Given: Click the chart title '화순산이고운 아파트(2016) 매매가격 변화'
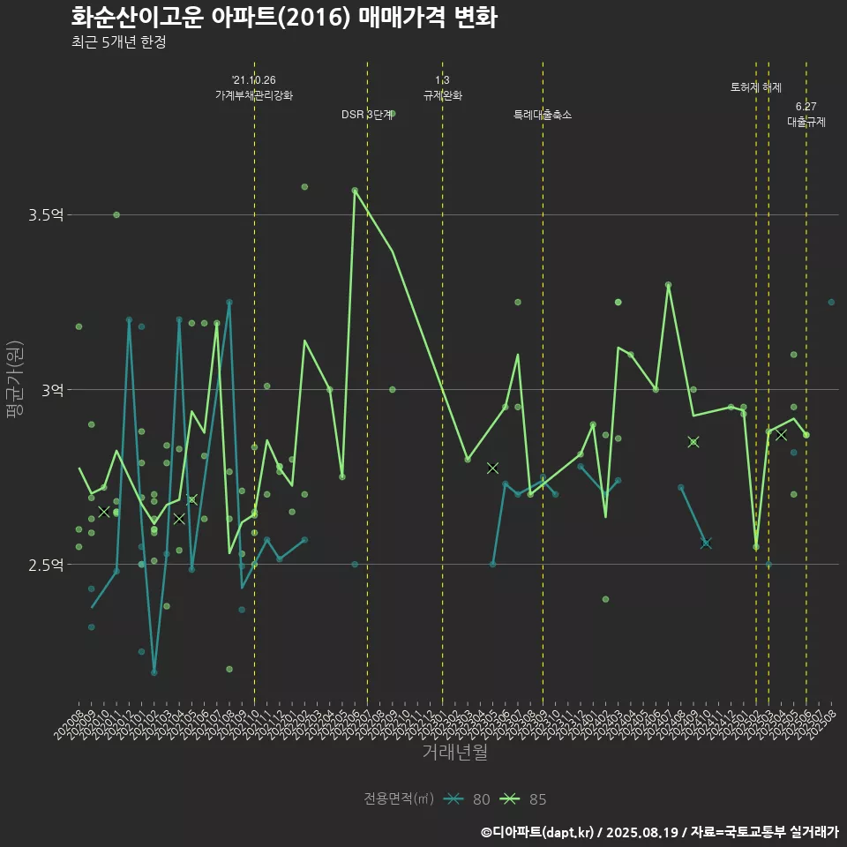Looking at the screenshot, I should [283, 18].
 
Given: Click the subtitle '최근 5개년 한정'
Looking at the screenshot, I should [118, 42].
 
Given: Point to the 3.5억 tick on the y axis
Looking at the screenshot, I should [46, 214].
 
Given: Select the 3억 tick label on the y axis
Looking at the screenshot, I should [52, 389].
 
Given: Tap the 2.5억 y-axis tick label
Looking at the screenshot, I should [46, 565].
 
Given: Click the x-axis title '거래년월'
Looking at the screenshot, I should [454, 752].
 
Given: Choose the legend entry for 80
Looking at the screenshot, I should [468, 799].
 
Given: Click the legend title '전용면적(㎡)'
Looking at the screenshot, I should [399, 799].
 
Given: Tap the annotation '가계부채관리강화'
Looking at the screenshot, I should [254, 94].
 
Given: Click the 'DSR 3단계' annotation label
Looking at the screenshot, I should [367, 115].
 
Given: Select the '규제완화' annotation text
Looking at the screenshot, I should [442, 94].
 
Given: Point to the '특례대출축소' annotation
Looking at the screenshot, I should [543, 115].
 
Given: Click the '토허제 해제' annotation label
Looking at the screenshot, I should [756, 87].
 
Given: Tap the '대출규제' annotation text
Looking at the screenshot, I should [806, 123].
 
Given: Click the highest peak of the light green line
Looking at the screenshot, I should [355, 190].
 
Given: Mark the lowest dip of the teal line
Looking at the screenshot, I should [154, 672].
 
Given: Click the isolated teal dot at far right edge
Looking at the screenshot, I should [830, 302].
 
